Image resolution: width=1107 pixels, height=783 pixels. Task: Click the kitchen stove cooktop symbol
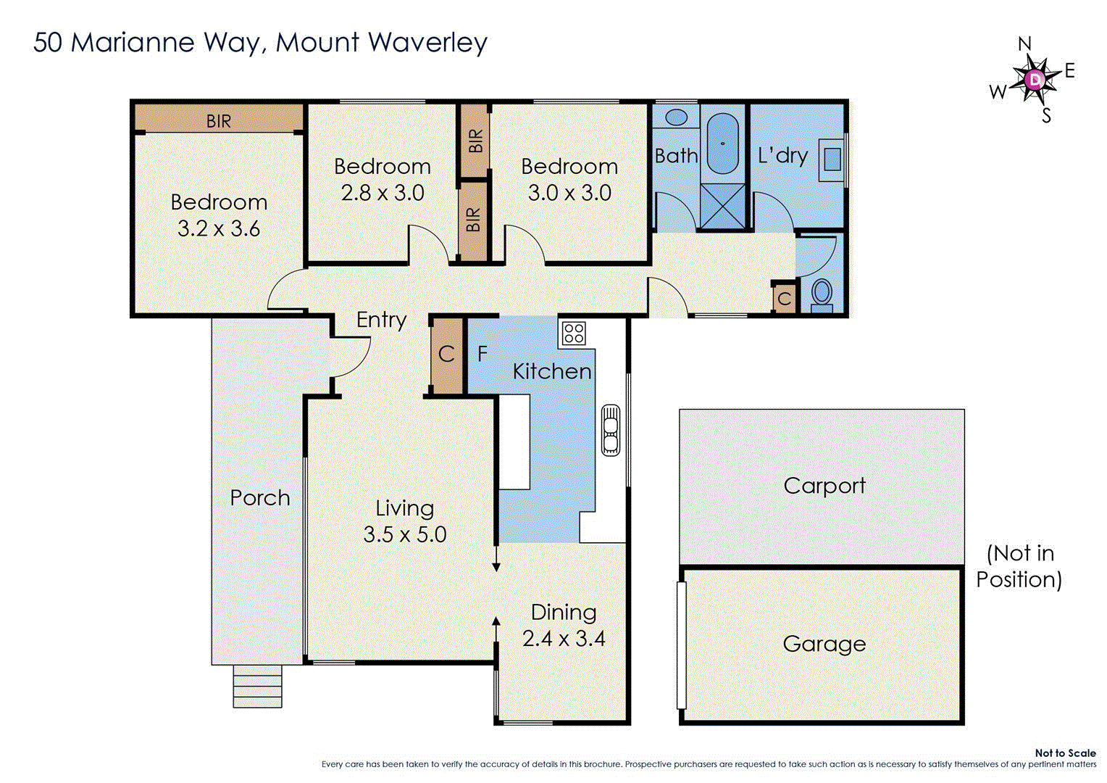pyautogui.click(x=574, y=333)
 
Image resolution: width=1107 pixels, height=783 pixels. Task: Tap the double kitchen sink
pyautogui.click(x=611, y=430)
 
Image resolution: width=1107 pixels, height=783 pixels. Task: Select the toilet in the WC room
pyautogui.click(x=822, y=294)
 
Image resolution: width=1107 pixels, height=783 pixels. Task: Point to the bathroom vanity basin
pyautogui.click(x=676, y=117)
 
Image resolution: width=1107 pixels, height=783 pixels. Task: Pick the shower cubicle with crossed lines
pyautogui.click(x=722, y=206)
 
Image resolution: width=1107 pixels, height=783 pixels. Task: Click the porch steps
pyautogui.click(x=257, y=687)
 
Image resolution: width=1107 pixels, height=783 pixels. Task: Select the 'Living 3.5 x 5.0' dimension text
pyautogui.click(x=404, y=535)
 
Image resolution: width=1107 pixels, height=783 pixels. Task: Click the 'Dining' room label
pyautogui.click(x=564, y=613)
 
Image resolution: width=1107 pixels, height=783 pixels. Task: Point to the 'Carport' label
pyautogui.click(x=824, y=485)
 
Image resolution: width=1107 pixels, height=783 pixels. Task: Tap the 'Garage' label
pyautogui.click(x=824, y=644)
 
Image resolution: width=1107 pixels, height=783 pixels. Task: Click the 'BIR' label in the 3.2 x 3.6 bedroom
pyautogui.click(x=219, y=121)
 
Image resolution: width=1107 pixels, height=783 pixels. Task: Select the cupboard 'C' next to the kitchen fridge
pyautogui.click(x=446, y=355)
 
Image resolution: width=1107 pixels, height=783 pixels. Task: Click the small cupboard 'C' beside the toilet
pyautogui.click(x=784, y=299)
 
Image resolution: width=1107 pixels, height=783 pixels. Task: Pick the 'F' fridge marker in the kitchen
pyautogui.click(x=483, y=355)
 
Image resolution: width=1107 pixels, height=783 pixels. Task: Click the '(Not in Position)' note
pyautogui.click(x=1019, y=566)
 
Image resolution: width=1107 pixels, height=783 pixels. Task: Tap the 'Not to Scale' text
pyautogui.click(x=1065, y=753)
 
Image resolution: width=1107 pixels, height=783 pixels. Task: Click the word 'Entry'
pyautogui.click(x=381, y=320)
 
